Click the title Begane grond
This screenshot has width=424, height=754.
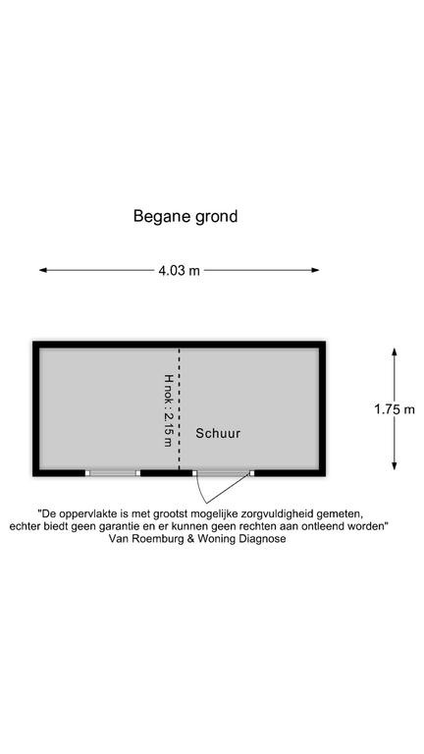(x=185, y=216)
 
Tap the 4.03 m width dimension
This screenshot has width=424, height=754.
(x=179, y=270)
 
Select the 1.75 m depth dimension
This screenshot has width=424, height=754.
(x=395, y=409)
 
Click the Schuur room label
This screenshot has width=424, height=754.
(x=218, y=434)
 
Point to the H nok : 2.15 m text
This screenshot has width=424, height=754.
(x=168, y=410)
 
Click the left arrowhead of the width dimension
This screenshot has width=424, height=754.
(x=43, y=270)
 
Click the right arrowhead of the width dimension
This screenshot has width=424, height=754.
(x=315, y=270)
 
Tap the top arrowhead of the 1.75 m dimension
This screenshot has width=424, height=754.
(x=395, y=352)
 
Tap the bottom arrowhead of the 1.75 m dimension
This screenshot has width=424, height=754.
(x=395, y=466)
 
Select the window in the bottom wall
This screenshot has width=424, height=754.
(x=113, y=473)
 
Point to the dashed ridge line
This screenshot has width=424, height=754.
(x=180, y=408)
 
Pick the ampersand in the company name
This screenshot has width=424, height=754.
(x=183, y=539)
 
